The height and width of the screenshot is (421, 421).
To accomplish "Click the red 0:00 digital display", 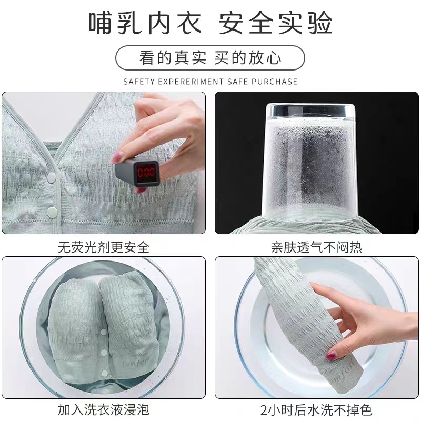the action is click(146, 172).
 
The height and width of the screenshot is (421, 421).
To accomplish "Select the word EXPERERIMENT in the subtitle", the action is click(191, 82).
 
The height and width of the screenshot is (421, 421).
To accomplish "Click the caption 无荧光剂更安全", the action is click(104, 247).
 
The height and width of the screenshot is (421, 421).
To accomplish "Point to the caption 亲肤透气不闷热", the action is click(317, 247).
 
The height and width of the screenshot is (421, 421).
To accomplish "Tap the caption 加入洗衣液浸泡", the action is click(104, 409).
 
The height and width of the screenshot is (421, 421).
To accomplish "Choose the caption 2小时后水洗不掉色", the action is click(316, 409).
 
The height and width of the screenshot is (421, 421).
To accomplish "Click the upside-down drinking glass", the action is click(308, 161).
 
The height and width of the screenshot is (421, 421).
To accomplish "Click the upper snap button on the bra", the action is click(51, 177).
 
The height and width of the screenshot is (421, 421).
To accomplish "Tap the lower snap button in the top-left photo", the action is click(52, 213).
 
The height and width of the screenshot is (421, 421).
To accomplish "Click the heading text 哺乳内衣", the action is click(145, 23).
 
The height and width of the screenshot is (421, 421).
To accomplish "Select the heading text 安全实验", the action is click(276, 23).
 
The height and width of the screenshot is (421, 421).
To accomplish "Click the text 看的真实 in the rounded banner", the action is click(173, 58).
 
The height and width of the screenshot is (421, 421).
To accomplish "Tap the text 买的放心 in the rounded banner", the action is click(247, 58).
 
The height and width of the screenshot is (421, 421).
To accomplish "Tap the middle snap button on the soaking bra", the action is click(104, 353).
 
